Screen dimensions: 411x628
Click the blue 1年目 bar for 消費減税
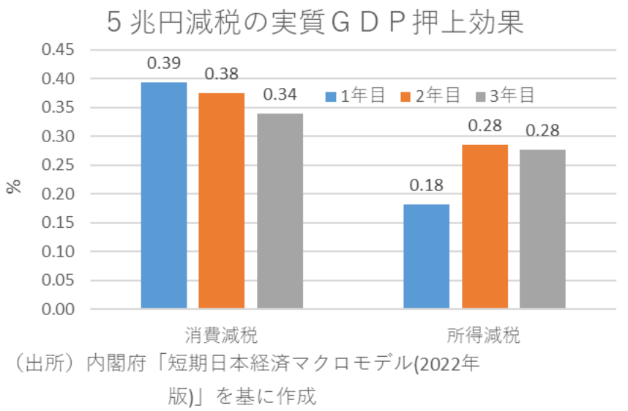coord(164,195)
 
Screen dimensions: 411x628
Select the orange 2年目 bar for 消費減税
coord(221,201)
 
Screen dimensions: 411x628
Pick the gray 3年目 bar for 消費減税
coord(279,211)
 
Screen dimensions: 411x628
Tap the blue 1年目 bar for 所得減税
coord(427,256)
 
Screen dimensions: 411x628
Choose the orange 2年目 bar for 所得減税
coord(485,226)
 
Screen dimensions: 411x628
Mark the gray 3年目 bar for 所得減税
coord(542,229)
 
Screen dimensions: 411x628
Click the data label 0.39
coord(163,63)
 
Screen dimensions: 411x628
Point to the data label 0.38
coord(221,74)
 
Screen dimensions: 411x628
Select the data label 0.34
coord(279,95)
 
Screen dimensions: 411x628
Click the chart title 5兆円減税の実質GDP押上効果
coord(315,22)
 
